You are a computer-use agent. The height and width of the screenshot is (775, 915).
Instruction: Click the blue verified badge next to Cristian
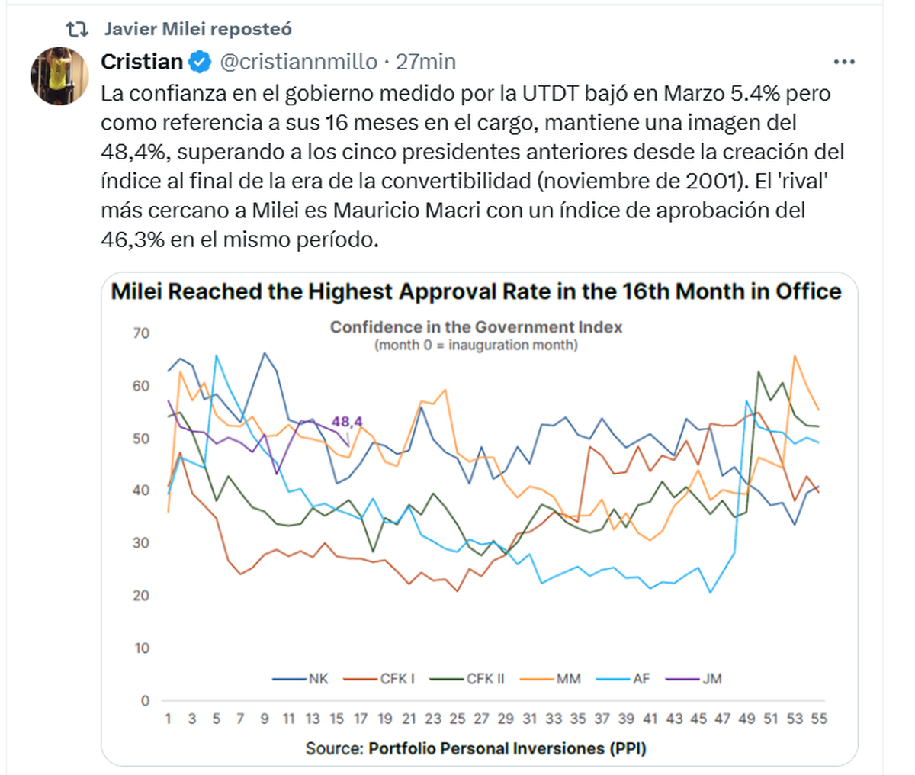click(200, 62)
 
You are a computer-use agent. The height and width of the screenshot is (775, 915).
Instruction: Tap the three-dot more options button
click(844, 62)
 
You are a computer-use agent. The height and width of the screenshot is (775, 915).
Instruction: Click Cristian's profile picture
click(59, 76)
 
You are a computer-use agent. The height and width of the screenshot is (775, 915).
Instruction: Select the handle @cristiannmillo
click(298, 62)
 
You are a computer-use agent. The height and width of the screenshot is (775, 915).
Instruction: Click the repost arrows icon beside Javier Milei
click(77, 30)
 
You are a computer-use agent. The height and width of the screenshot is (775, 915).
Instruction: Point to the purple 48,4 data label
click(347, 421)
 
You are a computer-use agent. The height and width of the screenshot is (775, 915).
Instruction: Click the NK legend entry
click(309, 678)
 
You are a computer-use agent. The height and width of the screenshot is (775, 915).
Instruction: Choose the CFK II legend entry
click(476, 678)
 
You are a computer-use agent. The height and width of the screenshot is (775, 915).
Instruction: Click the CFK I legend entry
click(388, 678)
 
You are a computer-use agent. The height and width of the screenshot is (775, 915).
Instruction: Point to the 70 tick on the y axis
click(141, 333)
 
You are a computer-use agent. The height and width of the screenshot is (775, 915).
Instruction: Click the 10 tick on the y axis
click(141, 648)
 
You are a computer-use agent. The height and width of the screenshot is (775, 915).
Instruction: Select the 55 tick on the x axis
click(819, 719)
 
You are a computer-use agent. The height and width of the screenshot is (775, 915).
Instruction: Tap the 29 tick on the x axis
click(506, 719)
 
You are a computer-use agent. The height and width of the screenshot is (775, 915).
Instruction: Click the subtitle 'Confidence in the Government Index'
click(476, 327)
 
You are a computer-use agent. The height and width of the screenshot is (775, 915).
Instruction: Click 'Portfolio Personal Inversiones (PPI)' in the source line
click(507, 748)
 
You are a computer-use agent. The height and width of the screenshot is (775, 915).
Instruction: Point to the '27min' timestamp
click(425, 62)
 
